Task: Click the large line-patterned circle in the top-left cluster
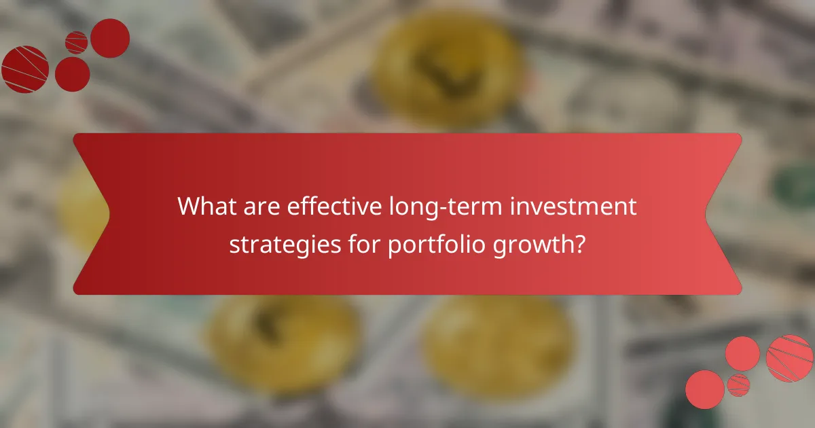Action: click(25, 69)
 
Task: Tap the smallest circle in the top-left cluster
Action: click(77, 42)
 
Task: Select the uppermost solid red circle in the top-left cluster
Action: click(110, 38)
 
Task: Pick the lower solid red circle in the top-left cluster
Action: click(72, 74)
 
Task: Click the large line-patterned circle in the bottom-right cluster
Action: click(790, 358)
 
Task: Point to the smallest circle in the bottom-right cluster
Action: click(738, 385)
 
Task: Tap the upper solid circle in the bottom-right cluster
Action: click(742, 353)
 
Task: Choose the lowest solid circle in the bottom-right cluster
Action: click(705, 389)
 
